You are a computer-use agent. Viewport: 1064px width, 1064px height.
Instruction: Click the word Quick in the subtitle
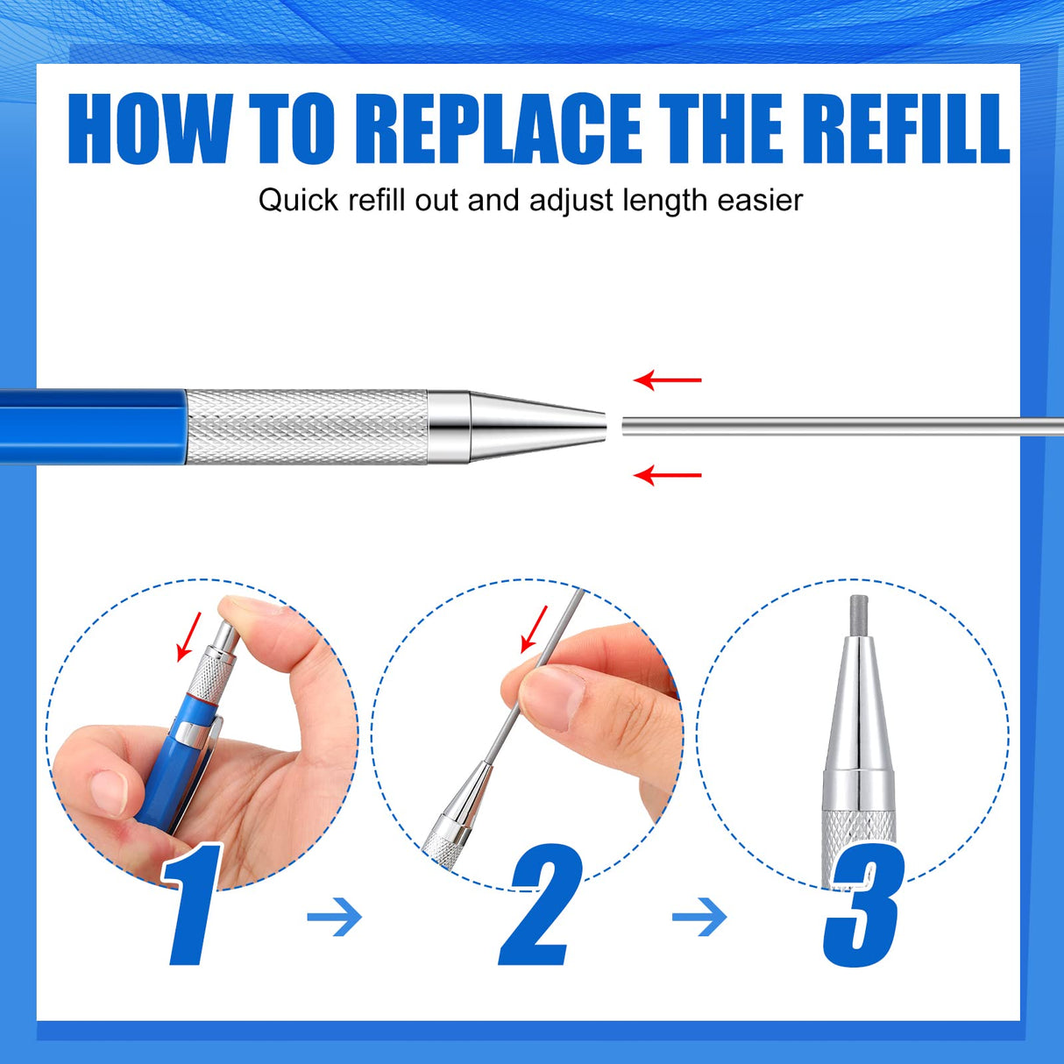[298, 201]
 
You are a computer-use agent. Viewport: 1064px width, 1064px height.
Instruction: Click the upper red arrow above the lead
[668, 380]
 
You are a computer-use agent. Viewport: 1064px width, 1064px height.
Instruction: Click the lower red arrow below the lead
[668, 475]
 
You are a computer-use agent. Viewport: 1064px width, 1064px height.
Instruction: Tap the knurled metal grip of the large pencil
[307, 427]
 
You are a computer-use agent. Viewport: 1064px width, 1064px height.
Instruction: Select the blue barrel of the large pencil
[92, 427]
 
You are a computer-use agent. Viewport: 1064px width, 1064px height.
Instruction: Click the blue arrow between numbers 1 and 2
[335, 918]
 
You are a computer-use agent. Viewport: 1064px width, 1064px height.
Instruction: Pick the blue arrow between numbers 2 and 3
[700, 918]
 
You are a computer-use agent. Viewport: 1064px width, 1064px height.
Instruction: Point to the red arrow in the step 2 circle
[534, 629]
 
